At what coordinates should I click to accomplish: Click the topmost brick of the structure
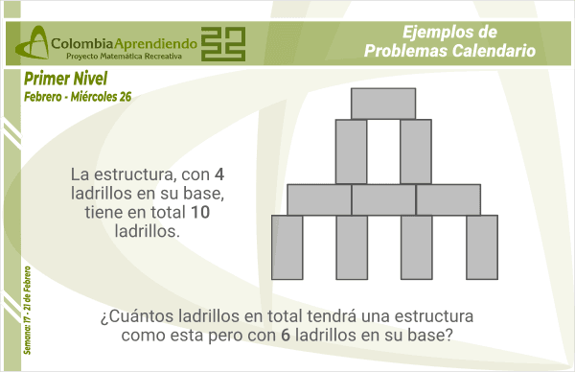383,103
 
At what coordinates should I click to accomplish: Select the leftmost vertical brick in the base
287,247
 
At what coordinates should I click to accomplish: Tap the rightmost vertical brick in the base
481,247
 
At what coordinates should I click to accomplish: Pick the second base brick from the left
352,247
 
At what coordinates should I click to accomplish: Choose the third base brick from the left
416,247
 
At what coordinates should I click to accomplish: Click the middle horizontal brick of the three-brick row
383,199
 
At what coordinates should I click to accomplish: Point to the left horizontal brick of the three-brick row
319,199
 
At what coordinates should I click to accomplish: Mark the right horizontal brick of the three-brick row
448,199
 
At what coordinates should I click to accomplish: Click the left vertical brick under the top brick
351,151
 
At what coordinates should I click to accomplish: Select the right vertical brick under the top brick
416,151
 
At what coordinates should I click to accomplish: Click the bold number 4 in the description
219,174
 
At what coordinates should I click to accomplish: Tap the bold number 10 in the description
200,213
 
